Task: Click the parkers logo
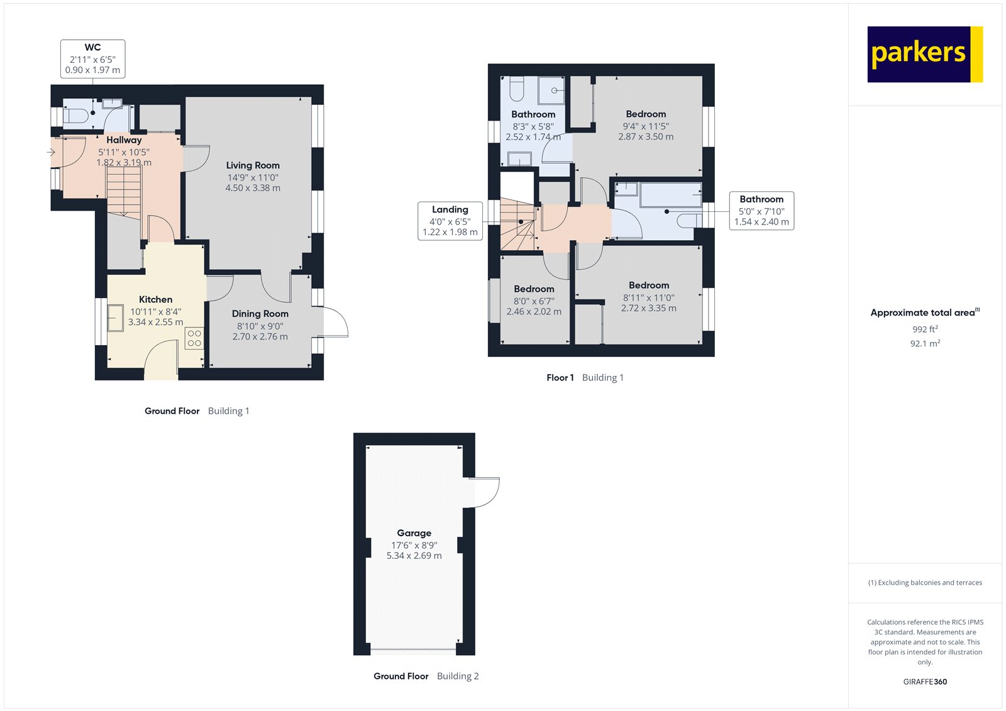pos(925,54)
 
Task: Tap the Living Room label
pos(253,165)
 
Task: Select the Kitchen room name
pos(155,300)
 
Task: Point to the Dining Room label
pos(260,314)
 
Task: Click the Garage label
pos(414,533)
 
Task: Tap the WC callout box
pos(93,59)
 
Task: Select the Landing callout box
pos(450,221)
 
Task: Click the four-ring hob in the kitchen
pos(194,338)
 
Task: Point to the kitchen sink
pos(116,318)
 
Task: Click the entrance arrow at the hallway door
pos(51,152)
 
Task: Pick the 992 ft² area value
pos(925,329)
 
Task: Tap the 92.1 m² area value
pos(925,343)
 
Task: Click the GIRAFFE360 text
pos(925,681)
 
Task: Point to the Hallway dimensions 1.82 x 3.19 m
pos(124,163)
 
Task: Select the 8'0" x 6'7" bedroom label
pos(534,301)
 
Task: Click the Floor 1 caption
pos(560,378)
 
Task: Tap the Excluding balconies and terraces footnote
pos(925,583)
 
